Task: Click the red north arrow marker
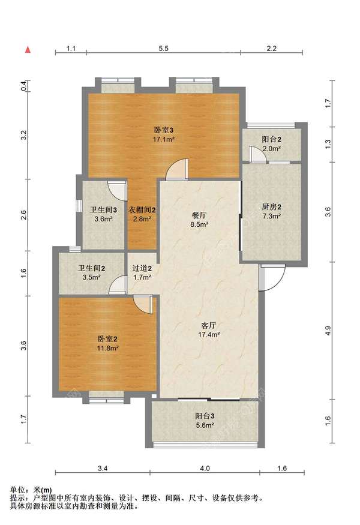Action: pos(28,50)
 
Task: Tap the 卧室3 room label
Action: pos(164,130)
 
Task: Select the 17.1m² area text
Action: pos(164,139)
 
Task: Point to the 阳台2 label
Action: pos(271,139)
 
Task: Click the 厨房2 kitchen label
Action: pos(271,207)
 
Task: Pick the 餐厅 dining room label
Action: pos(199,215)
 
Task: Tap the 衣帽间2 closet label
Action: pos(142,210)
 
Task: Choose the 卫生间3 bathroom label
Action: pos(103,210)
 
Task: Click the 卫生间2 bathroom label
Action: pos(92,268)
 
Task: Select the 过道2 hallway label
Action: pos(142,268)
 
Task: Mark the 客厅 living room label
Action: pos(209,325)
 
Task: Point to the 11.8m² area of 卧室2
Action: pos(108,348)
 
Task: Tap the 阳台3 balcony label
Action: pos(205,416)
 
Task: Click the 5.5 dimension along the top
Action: pos(163,49)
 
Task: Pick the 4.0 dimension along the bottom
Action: pos(205,469)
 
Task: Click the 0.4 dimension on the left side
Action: pos(24,86)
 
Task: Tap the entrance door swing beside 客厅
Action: pos(272,277)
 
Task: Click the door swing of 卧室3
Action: pos(178,169)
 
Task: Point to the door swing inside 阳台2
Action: pos(258,155)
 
